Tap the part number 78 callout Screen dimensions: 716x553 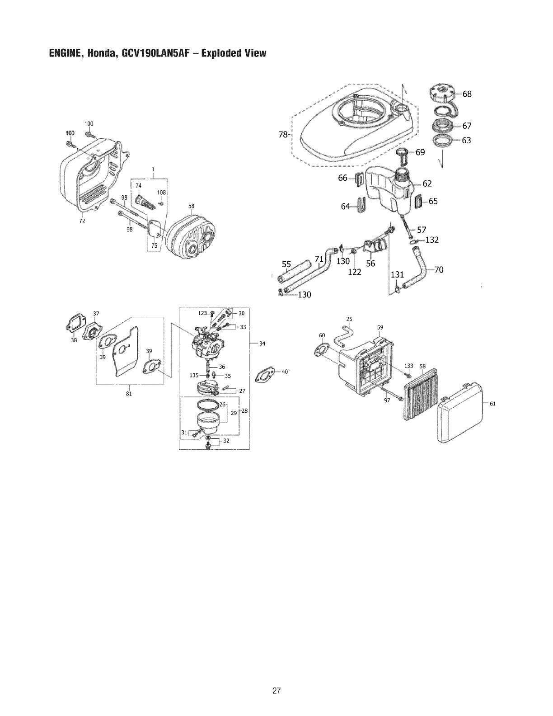coord(283,134)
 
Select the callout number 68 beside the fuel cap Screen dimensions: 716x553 coord(467,94)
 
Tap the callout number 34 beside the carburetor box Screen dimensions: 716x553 coord(262,344)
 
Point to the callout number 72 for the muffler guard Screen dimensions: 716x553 coord(82,221)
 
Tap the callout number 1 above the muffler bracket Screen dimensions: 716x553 coord(153,170)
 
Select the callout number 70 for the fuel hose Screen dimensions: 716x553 coord(438,270)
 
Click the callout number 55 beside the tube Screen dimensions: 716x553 coord(286,264)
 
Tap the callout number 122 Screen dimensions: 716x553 coord(354,272)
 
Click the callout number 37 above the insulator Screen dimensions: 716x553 coord(96,314)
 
